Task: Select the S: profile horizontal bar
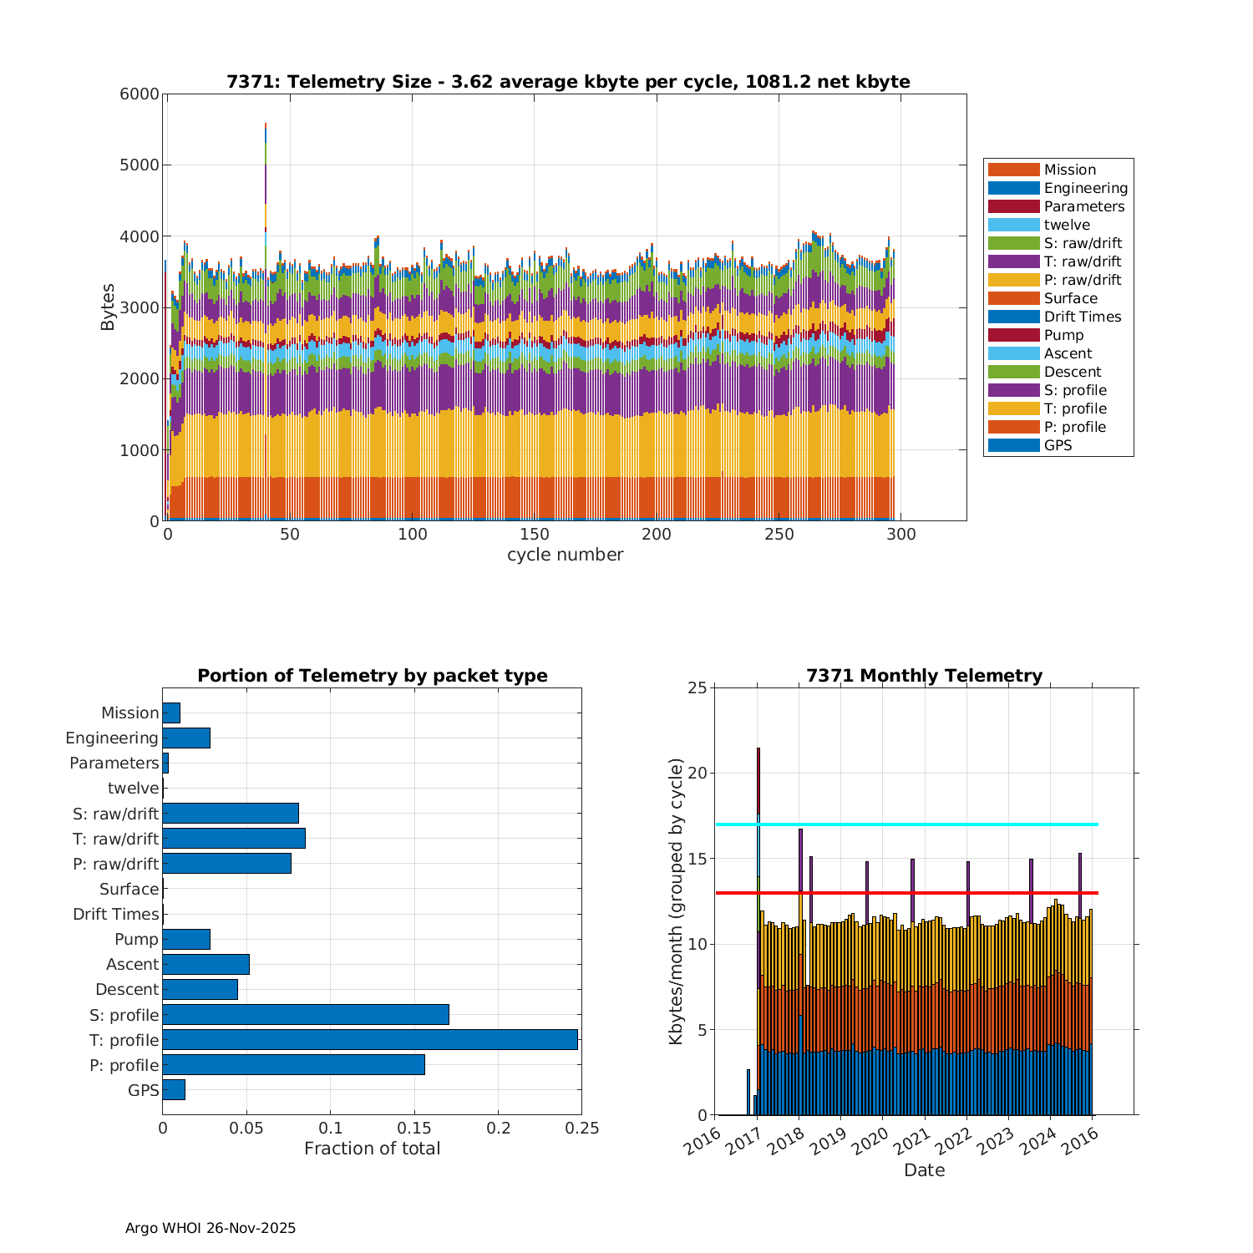click(x=306, y=1014)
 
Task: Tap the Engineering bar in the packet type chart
click(x=186, y=738)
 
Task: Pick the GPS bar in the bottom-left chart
click(x=174, y=1089)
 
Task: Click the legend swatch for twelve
click(x=1013, y=225)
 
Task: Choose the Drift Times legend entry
click(x=1082, y=317)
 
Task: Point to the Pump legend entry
click(x=1063, y=335)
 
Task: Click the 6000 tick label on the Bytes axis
click(x=140, y=94)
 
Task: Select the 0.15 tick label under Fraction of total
click(x=414, y=1129)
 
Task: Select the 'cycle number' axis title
click(x=565, y=555)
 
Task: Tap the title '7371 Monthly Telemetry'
click(x=924, y=676)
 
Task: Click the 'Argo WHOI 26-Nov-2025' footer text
click(x=211, y=1228)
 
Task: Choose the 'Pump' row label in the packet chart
click(x=136, y=939)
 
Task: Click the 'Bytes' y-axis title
click(x=108, y=307)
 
